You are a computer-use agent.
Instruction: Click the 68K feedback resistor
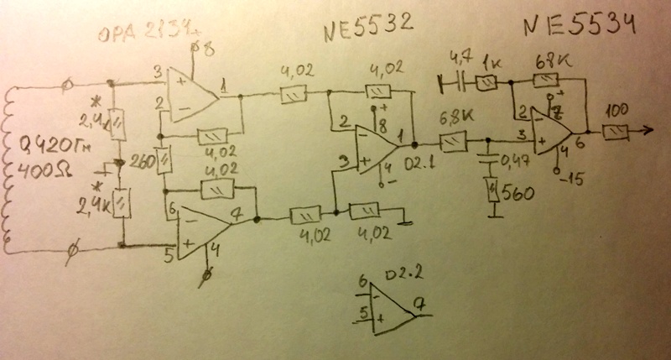(547, 81)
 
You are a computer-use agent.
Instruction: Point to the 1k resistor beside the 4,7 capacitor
(486, 81)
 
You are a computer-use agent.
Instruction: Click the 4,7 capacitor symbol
(454, 81)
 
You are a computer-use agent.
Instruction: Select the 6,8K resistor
(454, 139)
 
